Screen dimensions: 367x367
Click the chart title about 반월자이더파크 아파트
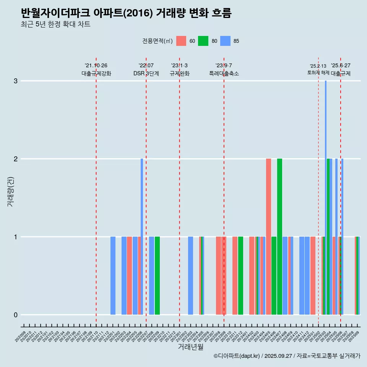[126, 13]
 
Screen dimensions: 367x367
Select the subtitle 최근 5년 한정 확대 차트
[55, 24]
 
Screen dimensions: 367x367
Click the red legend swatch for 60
[181, 41]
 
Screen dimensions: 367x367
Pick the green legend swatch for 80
[203, 41]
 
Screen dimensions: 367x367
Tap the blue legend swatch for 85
[225, 41]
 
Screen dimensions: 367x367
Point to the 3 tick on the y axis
[16, 81]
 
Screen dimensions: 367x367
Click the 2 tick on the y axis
[16, 159]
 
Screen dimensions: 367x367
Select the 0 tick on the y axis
[16, 315]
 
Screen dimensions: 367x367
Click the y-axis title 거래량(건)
[10, 191]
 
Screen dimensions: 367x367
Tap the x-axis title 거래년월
[190, 347]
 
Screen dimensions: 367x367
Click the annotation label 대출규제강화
[96, 73]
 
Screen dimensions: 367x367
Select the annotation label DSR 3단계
[146, 73]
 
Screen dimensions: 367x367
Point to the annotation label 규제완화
[180, 73]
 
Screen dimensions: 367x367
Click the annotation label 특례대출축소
[224, 73]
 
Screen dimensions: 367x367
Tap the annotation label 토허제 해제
[318, 73]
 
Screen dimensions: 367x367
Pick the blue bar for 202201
[113, 276]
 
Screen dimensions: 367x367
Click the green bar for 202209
[157, 276]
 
